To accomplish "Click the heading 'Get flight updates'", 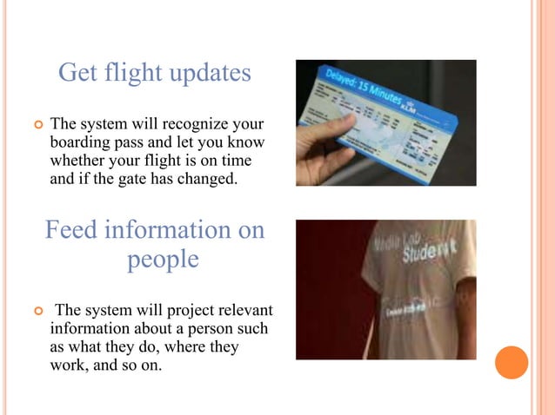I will tap(154, 74).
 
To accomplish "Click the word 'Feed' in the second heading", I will tap(72, 230).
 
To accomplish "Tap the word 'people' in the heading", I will tap(163, 260).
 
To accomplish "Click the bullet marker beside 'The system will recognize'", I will tap(37, 126).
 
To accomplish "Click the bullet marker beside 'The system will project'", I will tap(37, 311).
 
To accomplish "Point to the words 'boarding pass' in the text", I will tap(94, 142).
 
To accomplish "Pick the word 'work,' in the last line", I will tap(70, 367).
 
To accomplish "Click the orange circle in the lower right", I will tap(512, 362).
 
